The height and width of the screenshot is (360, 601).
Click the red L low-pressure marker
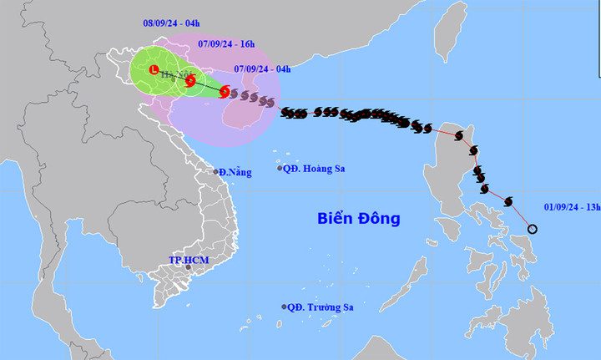(x=154, y=70)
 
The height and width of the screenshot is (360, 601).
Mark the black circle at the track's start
(x=533, y=229)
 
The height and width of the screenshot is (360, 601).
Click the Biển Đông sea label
(x=359, y=219)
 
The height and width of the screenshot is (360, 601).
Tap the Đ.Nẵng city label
(x=235, y=171)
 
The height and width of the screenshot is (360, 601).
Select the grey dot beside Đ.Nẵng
(x=216, y=172)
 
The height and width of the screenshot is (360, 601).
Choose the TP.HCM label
(x=189, y=260)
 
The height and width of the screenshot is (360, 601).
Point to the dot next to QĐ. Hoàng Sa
(x=280, y=169)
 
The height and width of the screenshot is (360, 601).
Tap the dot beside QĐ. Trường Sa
(x=285, y=307)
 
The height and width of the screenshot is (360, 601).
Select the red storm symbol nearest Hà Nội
(x=190, y=81)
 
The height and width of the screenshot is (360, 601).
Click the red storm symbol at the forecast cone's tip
(x=225, y=92)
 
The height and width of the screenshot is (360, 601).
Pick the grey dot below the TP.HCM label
(x=189, y=267)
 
